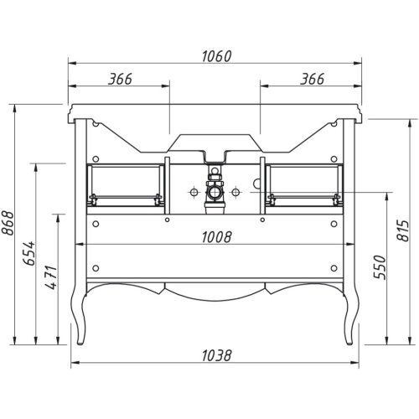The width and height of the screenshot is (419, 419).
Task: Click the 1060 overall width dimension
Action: tap(216, 56)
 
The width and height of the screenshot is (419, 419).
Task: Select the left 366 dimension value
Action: tap(120, 80)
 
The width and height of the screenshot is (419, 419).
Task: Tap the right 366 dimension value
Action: tap(313, 80)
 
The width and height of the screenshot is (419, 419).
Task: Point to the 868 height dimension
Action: tap(8, 224)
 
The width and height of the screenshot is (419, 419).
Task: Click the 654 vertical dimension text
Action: tap(29, 253)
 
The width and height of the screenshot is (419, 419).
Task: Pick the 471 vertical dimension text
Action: tap(51, 277)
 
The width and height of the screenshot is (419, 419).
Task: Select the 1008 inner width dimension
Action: tap(216, 237)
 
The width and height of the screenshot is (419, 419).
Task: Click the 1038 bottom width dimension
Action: tap(216, 355)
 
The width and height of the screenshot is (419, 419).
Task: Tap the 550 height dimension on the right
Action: tap(380, 267)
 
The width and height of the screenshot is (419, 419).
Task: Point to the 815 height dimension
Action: tap(402, 230)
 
